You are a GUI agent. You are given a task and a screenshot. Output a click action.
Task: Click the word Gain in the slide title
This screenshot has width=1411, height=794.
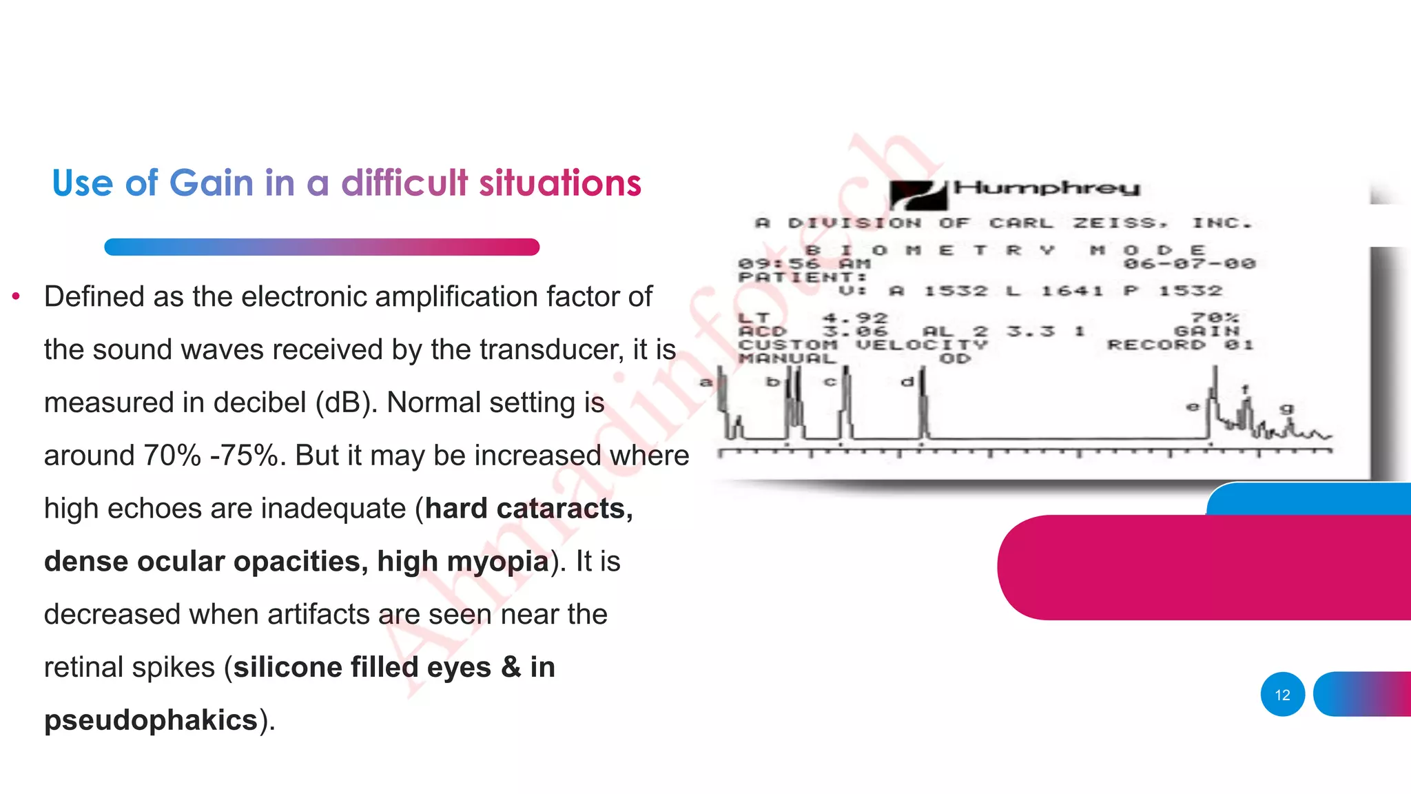(211, 183)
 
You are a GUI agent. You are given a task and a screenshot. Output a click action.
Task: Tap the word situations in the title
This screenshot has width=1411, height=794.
(559, 183)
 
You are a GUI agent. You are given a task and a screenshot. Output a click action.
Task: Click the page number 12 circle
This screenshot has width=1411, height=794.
(1282, 695)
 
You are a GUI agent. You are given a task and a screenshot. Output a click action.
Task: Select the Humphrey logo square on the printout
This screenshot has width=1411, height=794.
(918, 194)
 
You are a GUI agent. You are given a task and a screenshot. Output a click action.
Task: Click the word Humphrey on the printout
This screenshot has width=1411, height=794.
(1047, 187)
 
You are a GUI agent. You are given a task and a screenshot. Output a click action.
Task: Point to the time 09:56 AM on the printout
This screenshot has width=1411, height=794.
(804, 263)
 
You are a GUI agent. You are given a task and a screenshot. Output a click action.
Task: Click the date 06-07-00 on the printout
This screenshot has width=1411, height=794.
(1190, 263)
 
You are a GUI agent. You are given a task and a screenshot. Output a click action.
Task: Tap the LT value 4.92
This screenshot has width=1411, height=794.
(855, 318)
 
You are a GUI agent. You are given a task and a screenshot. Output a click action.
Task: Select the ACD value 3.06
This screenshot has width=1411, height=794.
(855, 332)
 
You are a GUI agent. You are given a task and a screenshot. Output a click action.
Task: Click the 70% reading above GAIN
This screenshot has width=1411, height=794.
(1215, 318)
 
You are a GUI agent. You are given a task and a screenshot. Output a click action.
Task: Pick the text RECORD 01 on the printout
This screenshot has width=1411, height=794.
(1180, 345)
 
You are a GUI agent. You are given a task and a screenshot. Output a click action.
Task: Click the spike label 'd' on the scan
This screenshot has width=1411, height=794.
(907, 381)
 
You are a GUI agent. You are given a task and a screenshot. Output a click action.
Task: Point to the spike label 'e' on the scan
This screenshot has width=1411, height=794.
(1193, 407)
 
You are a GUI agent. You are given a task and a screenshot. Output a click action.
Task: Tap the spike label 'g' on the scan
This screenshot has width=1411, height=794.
(1286, 409)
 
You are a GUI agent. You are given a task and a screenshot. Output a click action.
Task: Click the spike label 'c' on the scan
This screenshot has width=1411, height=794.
(830, 381)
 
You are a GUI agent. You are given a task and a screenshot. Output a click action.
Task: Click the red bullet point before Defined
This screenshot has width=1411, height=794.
(16, 297)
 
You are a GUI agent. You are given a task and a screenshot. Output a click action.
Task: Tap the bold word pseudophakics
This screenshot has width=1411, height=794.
(150, 720)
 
